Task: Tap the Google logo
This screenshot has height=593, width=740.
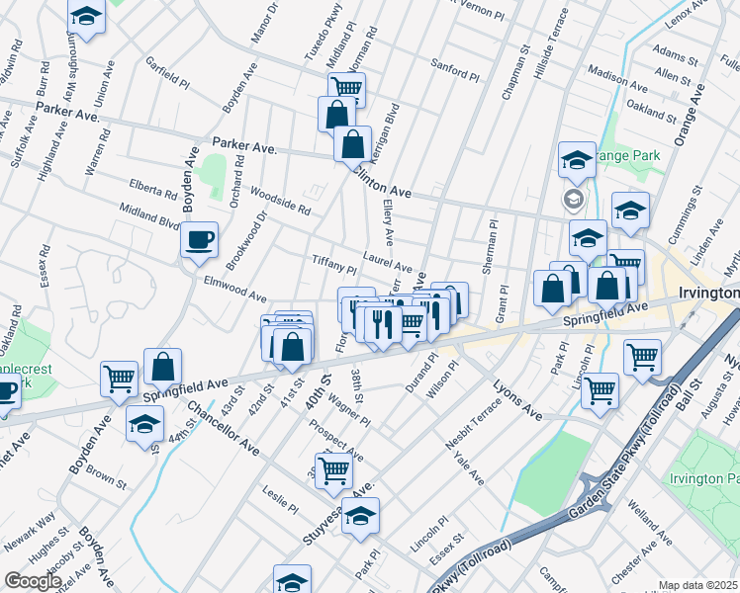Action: (x=33, y=580)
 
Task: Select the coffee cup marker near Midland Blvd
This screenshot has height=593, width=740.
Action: (x=200, y=239)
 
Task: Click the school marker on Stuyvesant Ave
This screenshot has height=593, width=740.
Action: (x=361, y=515)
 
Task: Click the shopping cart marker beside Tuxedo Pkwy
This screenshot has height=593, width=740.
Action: (x=347, y=89)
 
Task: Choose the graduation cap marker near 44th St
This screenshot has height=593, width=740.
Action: (x=145, y=424)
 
